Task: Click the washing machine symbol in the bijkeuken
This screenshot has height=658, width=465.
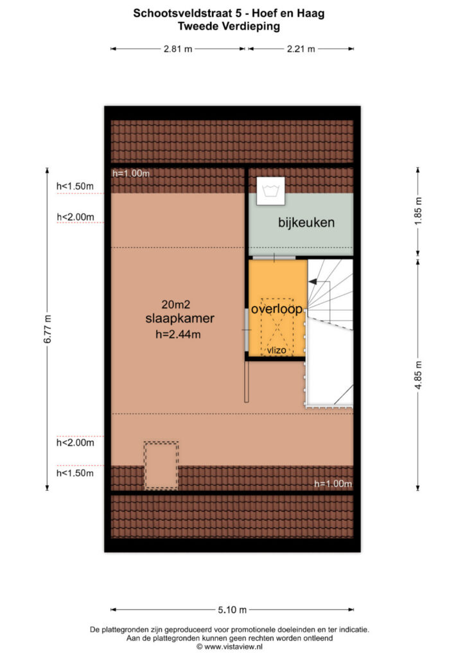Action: pyautogui.click(x=271, y=191)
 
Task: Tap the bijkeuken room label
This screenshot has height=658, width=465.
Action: pyautogui.click(x=306, y=222)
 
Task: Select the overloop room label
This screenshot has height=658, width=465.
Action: pyautogui.click(x=277, y=309)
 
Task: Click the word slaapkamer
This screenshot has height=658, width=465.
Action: pyautogui.click(x=180, y=319)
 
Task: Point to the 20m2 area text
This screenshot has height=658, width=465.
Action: pyautogui.click(x=176, y=304)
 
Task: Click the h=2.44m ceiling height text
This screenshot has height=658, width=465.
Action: pyautogui.click(x=178, y=334)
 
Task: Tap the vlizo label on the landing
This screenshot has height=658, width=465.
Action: pyautogui.click(x=277, y=350)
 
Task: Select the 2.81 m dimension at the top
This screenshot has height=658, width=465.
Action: pyautogui.click(x=178, y=49)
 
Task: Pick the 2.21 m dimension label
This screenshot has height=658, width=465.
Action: pyautogui.click(x=301, y=49)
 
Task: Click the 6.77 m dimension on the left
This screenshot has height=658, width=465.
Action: pyautogui.click(x=48, y=328)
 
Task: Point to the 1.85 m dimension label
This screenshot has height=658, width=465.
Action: pyautogui.click(x=418, y=211)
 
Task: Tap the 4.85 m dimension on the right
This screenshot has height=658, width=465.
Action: pyautogui.click(x=418, y=375)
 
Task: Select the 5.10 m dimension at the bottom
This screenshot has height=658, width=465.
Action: pyautogui.click(x=232, y=610)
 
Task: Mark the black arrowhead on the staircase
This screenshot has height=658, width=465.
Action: pyautogui.click(x=312, y=282)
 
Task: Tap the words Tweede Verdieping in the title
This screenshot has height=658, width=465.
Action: pyautogui.click(x=229, y=26)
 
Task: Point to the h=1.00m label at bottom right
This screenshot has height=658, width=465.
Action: pyautogui.click(x=333, y=483)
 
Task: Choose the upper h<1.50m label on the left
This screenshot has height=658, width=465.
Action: pyautogui.click(x=75, y=186)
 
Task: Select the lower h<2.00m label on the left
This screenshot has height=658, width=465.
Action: pyautogui.click(x=75, y=442)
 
